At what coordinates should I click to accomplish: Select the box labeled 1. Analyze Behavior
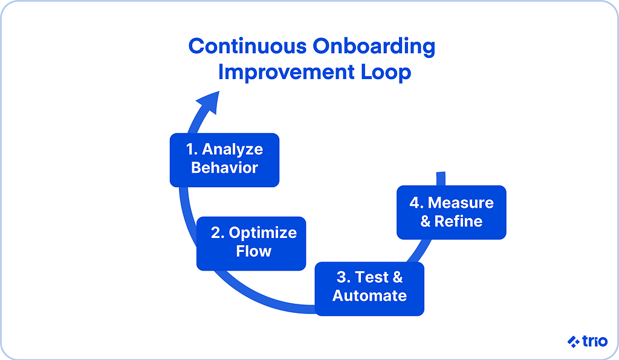(x=224, y=159)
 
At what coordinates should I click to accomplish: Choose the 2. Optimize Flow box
(x=251, y=243)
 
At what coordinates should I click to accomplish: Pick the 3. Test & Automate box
(x=369, y=288)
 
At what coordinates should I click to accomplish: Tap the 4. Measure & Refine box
(x=451, y=212)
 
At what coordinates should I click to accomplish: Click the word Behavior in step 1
(x=224, y=168)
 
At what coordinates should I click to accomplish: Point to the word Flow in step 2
(x=254, y=251)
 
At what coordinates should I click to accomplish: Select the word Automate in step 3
(x=369, y=296)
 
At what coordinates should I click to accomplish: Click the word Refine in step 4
(x=459, y=221)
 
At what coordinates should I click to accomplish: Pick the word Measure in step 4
(x=461, y=203)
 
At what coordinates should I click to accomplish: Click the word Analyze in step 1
(x=233, y=150)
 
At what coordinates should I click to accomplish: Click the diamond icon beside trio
(x=573, y=342)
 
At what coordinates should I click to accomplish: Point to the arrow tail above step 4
(x=441, y=178)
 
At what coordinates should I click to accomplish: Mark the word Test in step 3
(x=372, y=277)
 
